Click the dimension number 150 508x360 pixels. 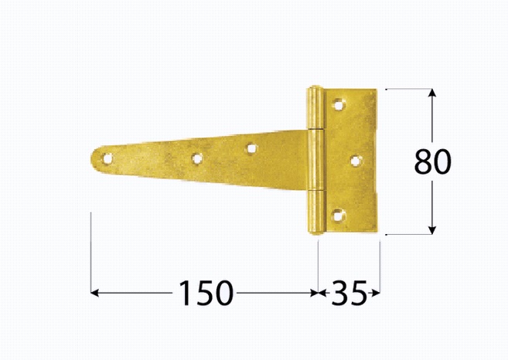coord(206,293)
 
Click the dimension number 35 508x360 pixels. coord(349,293)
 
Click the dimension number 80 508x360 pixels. coord(432,161)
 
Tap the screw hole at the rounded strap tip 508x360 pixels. coord(107,158)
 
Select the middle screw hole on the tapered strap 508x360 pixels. coord(196,158)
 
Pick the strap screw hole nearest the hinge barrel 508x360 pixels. coord(251,149)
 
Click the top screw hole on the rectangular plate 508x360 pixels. coord(339,104)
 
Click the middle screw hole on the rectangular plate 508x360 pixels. coord(356,161)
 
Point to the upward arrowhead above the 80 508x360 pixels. coord(432,93)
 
